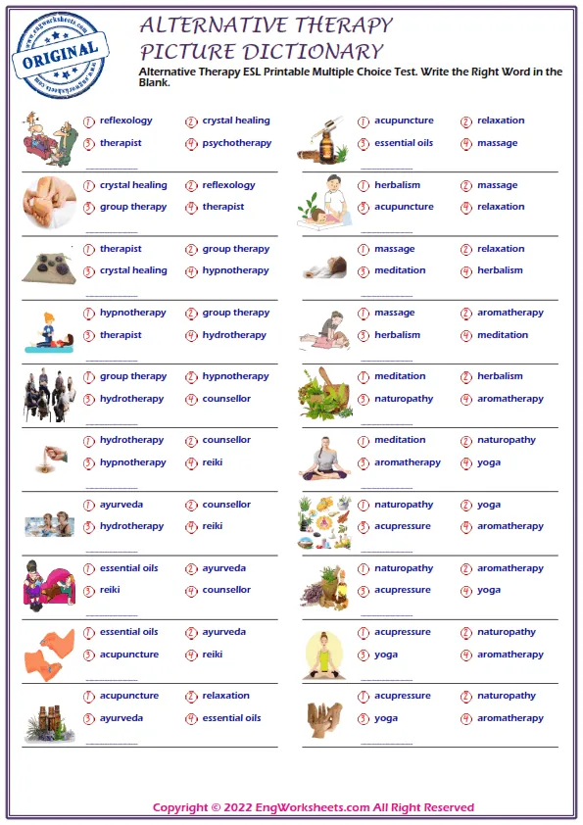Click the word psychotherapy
point(236,143)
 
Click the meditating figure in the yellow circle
point(323,651)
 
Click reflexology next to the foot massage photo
point(228,185)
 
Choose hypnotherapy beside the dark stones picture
point(235,270)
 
